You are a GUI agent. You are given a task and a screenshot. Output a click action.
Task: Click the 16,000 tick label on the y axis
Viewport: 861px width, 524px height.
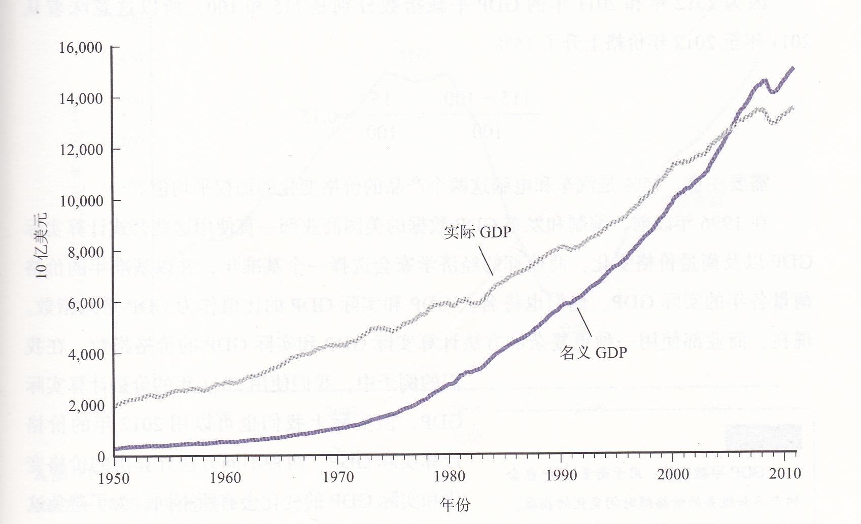point(81,48)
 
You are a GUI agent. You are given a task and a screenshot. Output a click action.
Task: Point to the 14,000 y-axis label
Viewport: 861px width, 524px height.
point(81,98)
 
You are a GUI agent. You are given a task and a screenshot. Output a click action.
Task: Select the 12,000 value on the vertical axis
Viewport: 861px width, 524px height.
point(81,150)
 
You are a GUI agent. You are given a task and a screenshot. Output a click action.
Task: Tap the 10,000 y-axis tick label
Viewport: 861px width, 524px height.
point(81,201)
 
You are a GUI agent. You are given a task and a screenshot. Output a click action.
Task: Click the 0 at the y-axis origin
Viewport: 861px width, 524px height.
point(101,457)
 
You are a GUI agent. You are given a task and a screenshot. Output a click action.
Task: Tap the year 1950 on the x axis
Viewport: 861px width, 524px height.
point(114,478)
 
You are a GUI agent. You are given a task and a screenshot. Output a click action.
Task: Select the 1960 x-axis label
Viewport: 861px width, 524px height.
point(225,477)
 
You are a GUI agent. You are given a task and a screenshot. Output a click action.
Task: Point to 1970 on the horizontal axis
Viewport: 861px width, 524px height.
point(338,477)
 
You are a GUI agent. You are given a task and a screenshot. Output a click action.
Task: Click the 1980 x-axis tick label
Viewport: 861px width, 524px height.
point(450,476)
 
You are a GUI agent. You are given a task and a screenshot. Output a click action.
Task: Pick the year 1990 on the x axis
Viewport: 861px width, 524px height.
point(561,475)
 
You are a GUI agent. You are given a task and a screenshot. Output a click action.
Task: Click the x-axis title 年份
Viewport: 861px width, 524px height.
point(455,505)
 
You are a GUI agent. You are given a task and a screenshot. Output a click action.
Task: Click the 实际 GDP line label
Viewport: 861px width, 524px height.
point(477,232)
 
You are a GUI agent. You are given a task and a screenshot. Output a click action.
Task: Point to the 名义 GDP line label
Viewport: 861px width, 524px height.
point(593,353)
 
